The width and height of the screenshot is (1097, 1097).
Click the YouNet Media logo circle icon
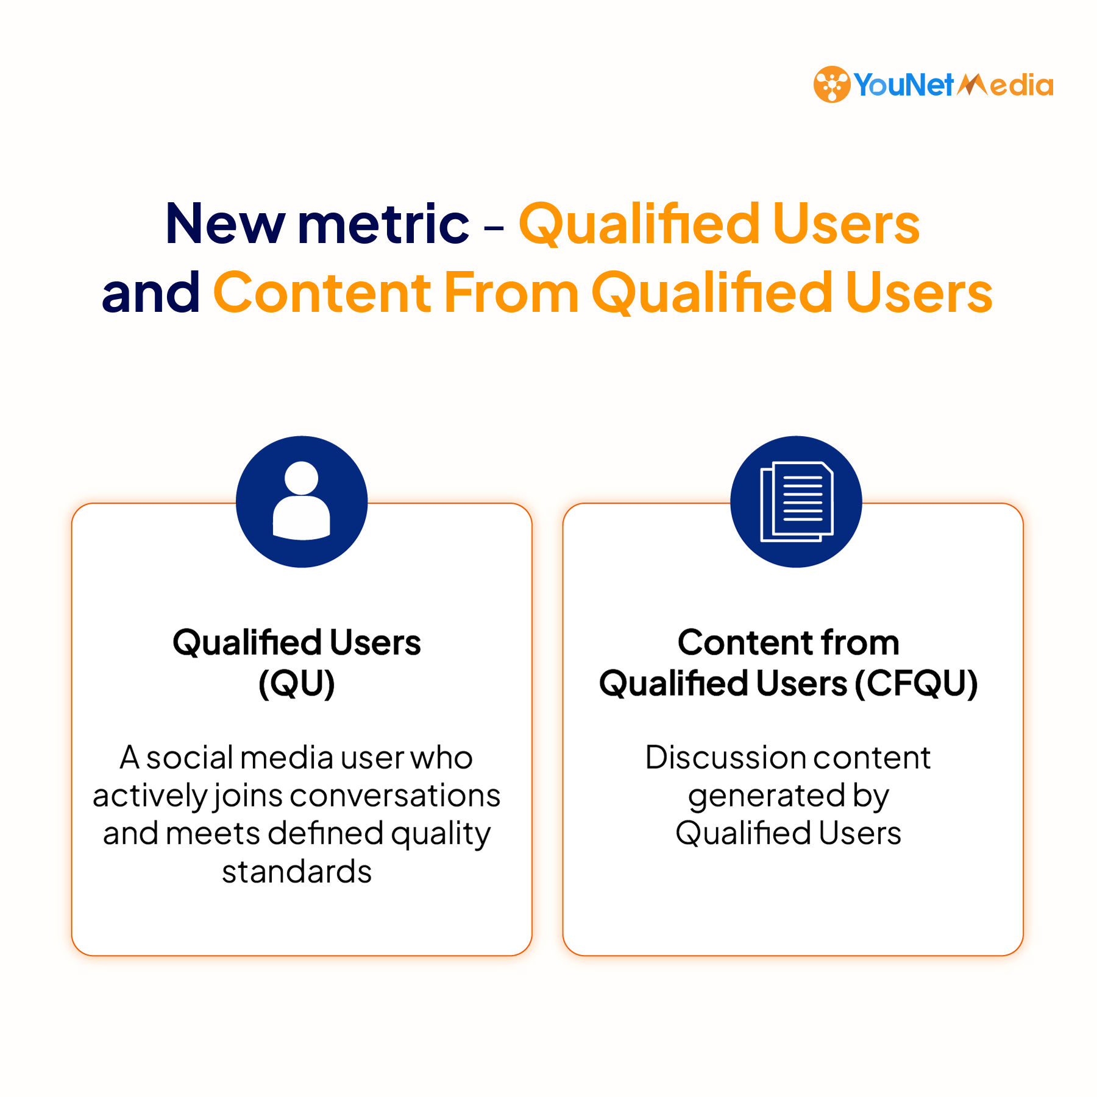click(x=832, y=84)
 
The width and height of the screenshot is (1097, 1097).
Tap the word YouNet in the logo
click(x=903, y=85)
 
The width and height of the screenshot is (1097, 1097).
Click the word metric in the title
click(x=383, y=224)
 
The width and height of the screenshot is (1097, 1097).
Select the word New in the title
click(x=225, y=224)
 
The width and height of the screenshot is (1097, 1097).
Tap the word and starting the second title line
click(x=151, y=292)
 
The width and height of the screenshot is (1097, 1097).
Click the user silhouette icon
click(x=302, y=501)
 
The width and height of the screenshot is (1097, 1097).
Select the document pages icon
click(x=797, y=501)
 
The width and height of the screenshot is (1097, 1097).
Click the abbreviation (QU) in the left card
click(x=297, y=683)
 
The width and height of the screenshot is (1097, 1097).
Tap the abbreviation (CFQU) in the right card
click(x=916, y=683)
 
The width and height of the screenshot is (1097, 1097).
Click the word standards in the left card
click(x=297, y=872)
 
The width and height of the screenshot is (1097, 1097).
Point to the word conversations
click(x=395, y=795)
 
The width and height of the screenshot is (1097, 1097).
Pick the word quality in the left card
click(x=441, y=834)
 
